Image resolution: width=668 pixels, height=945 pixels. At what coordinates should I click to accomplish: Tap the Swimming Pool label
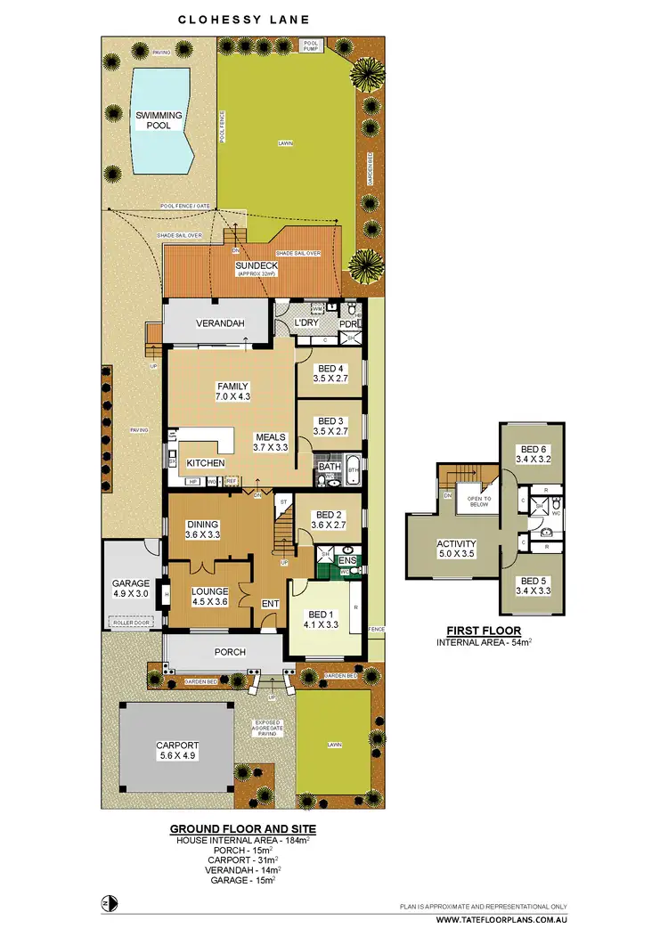click(x=159, y=120)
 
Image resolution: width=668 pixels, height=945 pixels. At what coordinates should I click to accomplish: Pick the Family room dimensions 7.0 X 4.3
click(x=232, y=396)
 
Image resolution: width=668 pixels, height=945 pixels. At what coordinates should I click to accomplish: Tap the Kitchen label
click(x=205, y=463)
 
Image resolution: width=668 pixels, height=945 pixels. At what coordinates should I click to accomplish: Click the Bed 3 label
click(x=329, y=420)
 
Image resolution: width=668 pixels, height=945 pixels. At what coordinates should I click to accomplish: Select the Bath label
click(x=329, y=466)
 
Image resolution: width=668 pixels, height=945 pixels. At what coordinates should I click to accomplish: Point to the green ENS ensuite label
click(x=348, y=560)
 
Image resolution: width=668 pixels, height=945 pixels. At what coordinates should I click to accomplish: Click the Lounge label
click(x=210, y=591)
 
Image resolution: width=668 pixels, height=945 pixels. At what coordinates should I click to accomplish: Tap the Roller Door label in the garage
click(x=129, y=623)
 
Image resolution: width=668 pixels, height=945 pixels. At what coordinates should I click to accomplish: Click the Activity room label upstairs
click(x=456, y=544)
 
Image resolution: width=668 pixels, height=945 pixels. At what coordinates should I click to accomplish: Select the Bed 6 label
click(x=532, y=449)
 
